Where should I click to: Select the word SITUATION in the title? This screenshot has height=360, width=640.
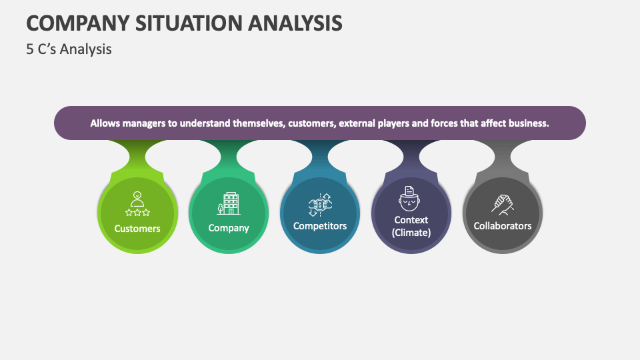(x=180, y=23)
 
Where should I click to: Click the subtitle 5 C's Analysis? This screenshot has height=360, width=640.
(x=69, y=49)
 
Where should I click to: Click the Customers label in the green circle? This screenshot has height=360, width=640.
(x=137, y=229)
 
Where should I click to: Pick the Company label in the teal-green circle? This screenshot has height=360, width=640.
(x=229, y=228)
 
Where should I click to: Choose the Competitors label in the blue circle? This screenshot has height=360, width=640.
(x=320, y=226)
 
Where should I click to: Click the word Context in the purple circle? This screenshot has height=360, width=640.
(x=411, y=220)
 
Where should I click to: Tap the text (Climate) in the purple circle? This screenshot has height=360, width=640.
(x=411, y=233)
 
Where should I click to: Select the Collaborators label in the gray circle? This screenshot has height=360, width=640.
(x=503, y=226)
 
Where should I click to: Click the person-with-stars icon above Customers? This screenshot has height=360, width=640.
(x=137, y=204)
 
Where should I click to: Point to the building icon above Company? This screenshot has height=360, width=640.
(x=229, y=203)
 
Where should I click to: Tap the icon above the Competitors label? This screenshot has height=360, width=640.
(x=320, y=203)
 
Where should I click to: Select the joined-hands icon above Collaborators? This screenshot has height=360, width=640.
(x=503, y=203)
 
